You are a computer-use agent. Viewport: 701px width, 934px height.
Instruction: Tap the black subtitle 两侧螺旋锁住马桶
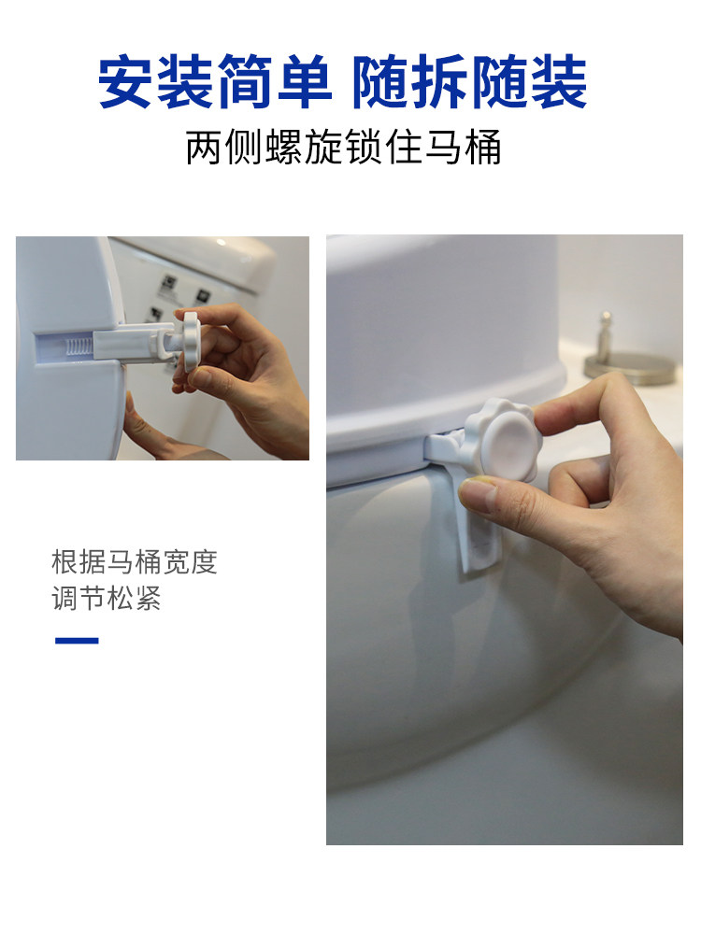tap(343, 148)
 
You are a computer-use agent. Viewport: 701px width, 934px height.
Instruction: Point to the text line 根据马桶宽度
tap(134, 562)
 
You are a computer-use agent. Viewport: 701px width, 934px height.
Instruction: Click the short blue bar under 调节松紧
tap(77, 641)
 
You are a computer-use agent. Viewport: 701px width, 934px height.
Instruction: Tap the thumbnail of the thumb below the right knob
tap(479, 491)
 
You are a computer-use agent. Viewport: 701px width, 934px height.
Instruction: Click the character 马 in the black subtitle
tap(443, 148)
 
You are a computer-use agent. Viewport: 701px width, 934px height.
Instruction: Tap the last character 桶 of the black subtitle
tap(483, 148)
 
